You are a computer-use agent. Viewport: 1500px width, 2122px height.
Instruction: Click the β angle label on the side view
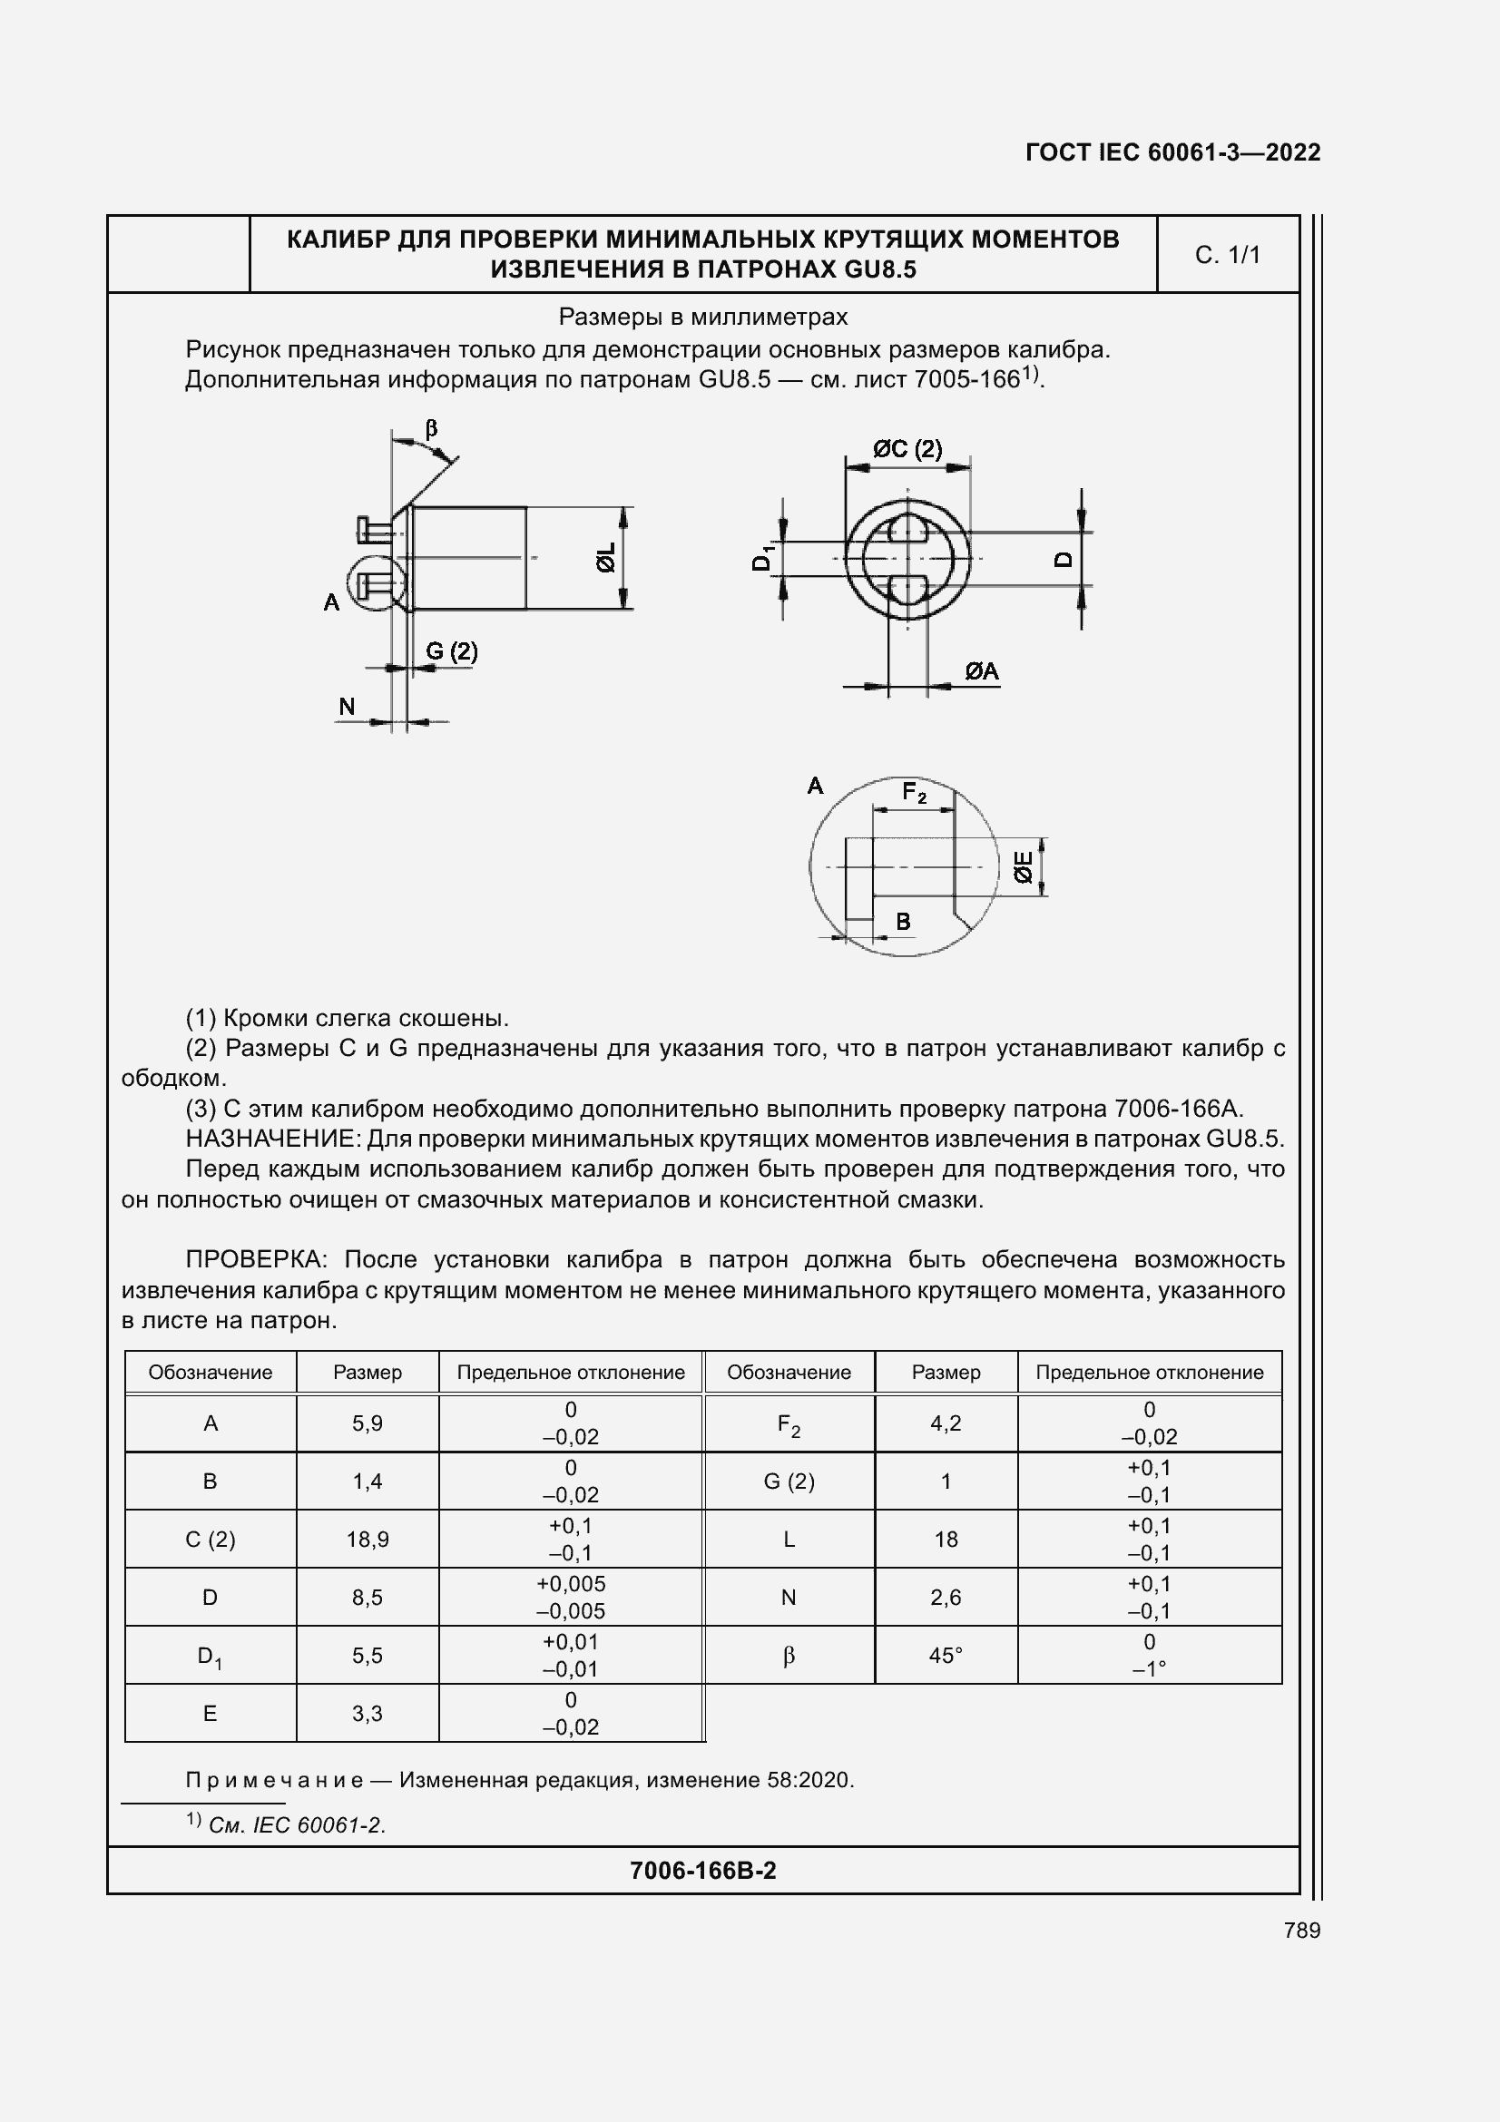coord(431,429)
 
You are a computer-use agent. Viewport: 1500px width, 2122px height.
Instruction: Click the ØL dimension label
coord(606,558)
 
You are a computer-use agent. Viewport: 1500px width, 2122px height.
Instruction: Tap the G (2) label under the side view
coord(451,651)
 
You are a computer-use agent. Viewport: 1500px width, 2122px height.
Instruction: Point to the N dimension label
coord(347,707)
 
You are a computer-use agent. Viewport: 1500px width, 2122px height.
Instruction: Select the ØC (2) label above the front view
coord(907,449)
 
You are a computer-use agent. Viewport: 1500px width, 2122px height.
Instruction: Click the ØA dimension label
coord(982,672)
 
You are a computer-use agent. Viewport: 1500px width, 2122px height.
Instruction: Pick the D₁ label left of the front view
coord(762,558)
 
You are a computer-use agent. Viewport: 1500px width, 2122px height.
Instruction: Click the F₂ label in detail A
coord(914,793)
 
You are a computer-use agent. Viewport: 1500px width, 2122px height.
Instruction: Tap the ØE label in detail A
coord(1023,867)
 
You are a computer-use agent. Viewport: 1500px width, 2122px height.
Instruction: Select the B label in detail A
coord(903,922)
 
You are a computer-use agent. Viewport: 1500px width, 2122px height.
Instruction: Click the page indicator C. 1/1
coord(1228,255)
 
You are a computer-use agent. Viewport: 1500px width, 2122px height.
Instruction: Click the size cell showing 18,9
coord(367,1540)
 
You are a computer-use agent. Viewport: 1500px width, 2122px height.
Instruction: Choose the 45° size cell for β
coord(946,1657)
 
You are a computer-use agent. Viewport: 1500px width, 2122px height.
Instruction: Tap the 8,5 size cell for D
coord(367,1598)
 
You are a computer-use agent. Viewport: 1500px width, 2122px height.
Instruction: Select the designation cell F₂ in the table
coord(789,1424)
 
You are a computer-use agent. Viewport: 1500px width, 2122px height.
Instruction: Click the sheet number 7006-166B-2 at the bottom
coord(702,1871)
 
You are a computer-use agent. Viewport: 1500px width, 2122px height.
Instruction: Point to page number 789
coord(1301,1931)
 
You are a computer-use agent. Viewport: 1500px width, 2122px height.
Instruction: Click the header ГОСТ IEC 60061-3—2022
coord(1172,152)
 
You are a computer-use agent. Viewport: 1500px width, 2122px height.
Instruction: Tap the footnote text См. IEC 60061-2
coord(297,1825)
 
